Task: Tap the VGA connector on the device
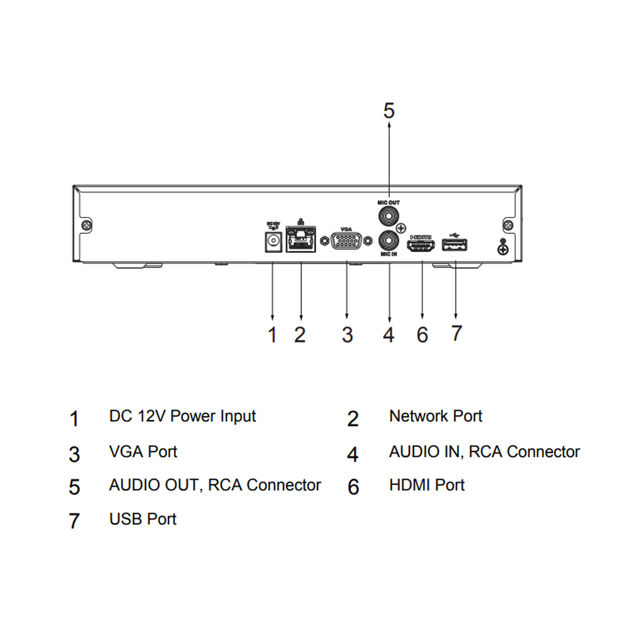pos(347,242)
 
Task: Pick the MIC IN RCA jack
pos(388,241)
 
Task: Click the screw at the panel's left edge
pos(86,225)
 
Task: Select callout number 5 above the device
pos(389,110)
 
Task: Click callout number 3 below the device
pos(347,334)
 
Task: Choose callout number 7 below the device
pos(456,333)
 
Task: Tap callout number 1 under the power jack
pos(273,334)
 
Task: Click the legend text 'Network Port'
pos(435,417)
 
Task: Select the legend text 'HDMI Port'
pos(426,485)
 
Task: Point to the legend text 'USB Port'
pos(143,518)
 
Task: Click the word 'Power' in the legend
pos(193,417)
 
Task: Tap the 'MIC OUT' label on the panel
pos(388,201)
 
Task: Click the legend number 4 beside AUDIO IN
pos(353,454)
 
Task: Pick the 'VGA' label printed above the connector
pos(346,228)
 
